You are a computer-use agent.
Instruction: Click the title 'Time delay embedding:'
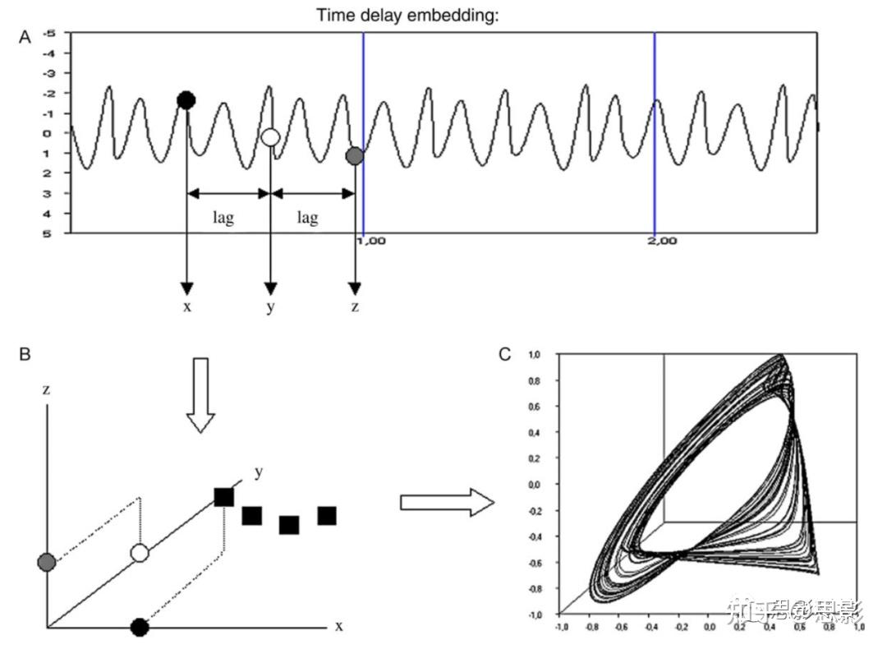click(407, 15)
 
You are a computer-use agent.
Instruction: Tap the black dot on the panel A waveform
click(186, 101)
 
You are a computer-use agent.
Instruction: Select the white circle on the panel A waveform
click(270, 137)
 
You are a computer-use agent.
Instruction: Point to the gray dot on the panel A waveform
click(354, 155)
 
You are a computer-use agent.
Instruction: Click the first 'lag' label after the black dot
click(223, 218)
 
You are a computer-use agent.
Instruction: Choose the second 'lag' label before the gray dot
click(307, 218)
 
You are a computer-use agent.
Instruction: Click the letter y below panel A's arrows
click(270, 308)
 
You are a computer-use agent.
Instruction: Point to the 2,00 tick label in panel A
click(662, 241)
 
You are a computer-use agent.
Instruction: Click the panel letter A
click(25, 37)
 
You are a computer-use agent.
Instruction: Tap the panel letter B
click(25, 354)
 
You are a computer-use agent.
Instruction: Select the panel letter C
click(505, 354)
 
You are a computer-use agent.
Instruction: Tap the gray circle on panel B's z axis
click(46, 562)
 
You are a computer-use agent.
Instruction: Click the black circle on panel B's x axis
click(140, 628)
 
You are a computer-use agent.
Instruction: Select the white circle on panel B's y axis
click(140, 554)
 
